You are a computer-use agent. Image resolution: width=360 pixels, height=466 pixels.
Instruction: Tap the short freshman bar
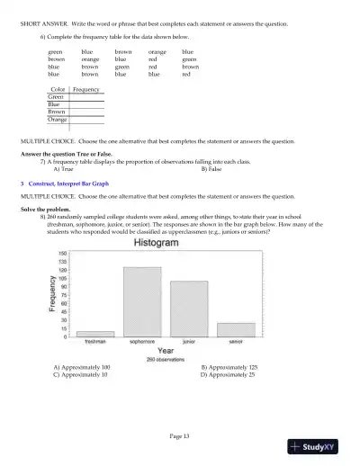(95, 334)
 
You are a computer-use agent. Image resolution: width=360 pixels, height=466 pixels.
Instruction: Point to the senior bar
(236, 329)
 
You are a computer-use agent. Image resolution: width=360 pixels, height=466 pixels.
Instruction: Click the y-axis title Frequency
(53, 293)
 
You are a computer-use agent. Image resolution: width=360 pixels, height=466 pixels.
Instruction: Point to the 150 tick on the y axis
(62, 254)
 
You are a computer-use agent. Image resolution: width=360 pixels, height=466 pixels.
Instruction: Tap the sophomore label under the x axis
(142, 342)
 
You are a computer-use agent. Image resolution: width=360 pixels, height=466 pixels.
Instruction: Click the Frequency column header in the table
(86, 90)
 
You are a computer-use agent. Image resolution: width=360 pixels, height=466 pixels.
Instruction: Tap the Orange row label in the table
(58, 119)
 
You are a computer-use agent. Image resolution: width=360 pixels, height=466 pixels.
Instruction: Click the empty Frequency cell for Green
(87, 97)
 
